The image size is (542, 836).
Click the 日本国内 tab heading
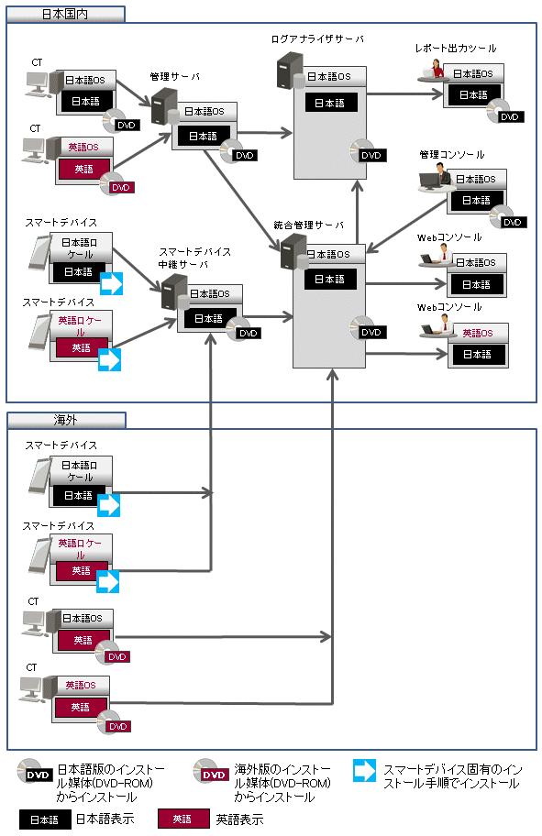click(x=65, y=15)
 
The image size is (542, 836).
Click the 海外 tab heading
click(x=66, y=420)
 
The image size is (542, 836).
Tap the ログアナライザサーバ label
click(x=317, y=38)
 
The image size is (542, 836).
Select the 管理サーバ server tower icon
click(x=164, y=106)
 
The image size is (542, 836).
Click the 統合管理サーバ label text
click(x=309, y=225)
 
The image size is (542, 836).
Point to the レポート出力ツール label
click(x=456, y=48)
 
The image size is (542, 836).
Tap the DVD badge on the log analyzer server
click(x=371, y=155)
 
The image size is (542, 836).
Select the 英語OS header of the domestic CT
click(x=83, y=147)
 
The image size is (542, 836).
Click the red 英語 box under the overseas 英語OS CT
click(x=81, y=707)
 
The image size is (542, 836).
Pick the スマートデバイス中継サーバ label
click(x=194, y=258)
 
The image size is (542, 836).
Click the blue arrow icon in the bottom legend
click(x=364, y=770)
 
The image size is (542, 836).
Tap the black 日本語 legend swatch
click(x=45, y=819)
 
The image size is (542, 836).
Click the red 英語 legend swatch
click(x=183, y=819)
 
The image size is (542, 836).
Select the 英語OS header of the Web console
click(x=478, y=334)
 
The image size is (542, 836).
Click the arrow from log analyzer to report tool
click(x=405, y=94)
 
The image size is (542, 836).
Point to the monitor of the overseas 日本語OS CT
click(x=35, y=622)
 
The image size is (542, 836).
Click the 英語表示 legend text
click(x=240, y=819)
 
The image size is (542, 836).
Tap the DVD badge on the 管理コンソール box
click(x=512, y=222)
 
